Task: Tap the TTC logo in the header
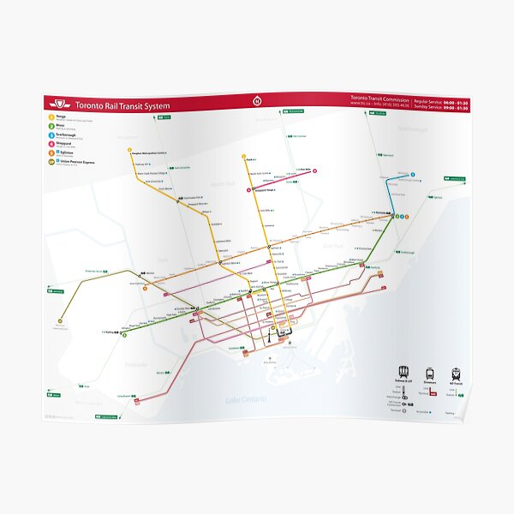(59, 106)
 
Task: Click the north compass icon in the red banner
(254, 100)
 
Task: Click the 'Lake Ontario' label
(245, 399)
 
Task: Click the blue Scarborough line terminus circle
(412, 175)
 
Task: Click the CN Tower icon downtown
(269, 337)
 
